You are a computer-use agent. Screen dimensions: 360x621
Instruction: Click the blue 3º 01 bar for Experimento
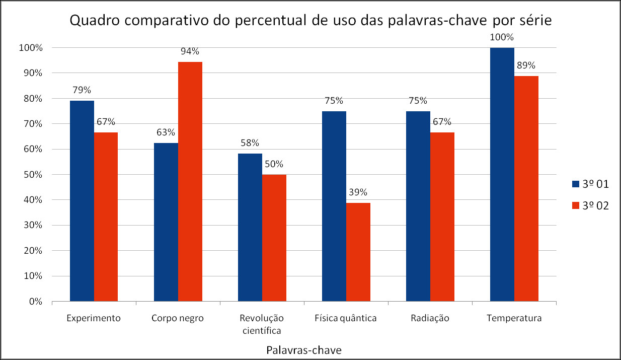[x=82, y=201]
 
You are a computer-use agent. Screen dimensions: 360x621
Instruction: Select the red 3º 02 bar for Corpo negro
[x=190, y=182]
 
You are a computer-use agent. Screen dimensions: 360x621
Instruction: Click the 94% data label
[x=190, y=51]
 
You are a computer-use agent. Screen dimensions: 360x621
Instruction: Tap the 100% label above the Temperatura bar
[x=502, y=37]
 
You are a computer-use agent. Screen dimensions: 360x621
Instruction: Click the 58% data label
[x=250, y=143]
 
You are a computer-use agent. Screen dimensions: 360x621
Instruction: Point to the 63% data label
[x=166, y=132]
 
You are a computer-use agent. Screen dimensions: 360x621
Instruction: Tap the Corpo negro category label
[x=178, y=318]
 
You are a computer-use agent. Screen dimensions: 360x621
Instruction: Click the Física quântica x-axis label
[x=345, y=318]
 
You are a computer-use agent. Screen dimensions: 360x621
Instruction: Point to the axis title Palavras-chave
[x=304, y=350]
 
